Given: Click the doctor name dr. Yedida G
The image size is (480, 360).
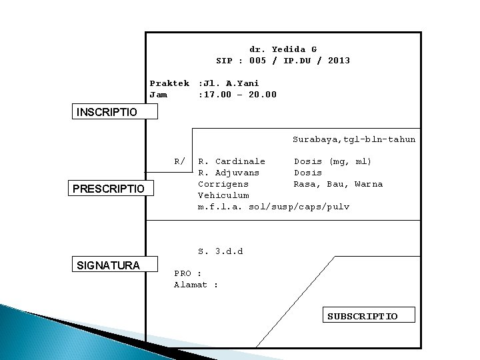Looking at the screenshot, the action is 283,49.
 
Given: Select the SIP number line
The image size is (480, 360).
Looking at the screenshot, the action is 283,61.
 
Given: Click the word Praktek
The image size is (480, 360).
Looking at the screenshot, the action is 169,83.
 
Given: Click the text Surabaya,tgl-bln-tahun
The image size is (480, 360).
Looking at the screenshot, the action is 354,139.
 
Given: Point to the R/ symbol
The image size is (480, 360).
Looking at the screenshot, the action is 180,161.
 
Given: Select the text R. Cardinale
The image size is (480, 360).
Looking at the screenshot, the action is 231,161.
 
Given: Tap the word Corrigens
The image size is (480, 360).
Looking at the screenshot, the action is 223,184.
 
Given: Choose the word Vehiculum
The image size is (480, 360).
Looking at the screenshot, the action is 223,195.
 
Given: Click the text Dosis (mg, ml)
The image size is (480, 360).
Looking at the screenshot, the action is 333,161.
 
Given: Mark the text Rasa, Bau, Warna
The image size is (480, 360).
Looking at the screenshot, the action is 338,184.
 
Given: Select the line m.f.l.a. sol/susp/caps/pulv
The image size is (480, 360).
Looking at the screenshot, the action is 273,207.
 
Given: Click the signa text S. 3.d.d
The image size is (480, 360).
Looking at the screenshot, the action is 221,251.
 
